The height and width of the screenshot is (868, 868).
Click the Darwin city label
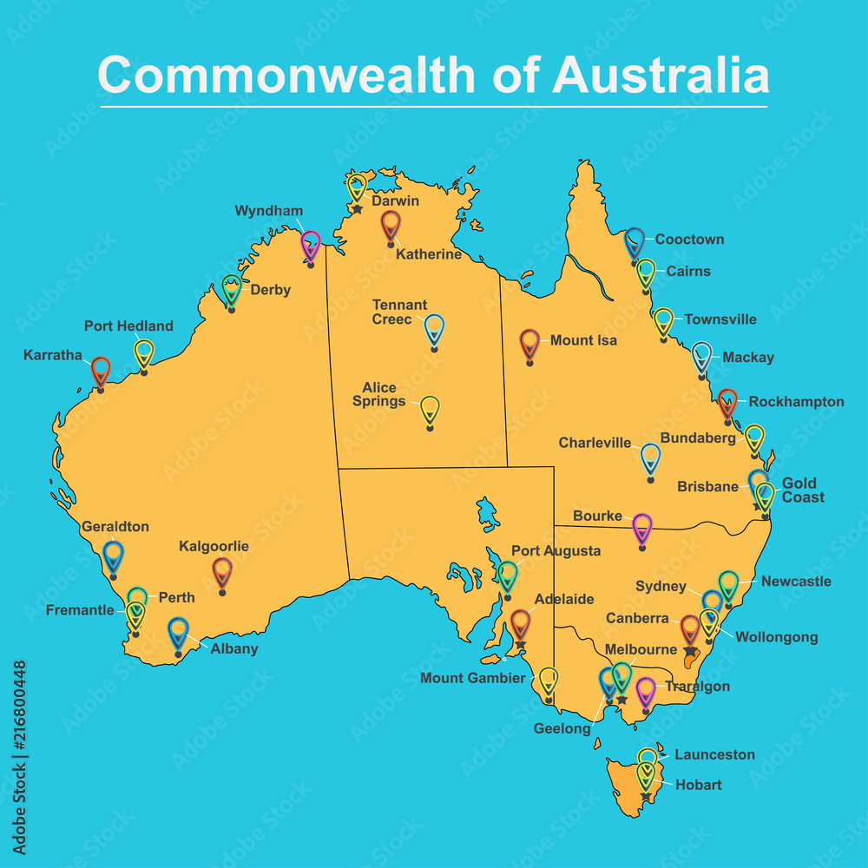[x=395, y=201]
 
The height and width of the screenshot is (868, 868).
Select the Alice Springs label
[x=379, y=395]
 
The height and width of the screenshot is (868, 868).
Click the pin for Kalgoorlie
[x=222, y=571]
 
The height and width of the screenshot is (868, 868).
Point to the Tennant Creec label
[x=399, y=312]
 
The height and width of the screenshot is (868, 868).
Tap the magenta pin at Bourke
[x=641, y=528]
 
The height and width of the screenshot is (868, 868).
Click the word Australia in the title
[x=660, y=76]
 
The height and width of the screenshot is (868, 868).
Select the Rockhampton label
[x=796, y=402]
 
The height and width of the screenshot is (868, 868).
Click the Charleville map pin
[x=650, y=457]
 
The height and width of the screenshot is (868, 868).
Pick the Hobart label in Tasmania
[x=698, y=785]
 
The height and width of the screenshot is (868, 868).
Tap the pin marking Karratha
[x=101, y=371]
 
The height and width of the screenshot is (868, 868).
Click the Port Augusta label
[x=556, y=551]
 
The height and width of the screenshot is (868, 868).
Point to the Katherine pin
[x=391, y=226]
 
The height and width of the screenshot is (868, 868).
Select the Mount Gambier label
[x=473, y=678]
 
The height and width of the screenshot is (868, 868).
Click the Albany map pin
[x=178, y=632]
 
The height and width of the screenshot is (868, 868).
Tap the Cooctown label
[x=689, y=240]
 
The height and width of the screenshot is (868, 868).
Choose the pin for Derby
[x=231, y=290]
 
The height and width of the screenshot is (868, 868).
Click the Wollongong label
[x=776, y=637]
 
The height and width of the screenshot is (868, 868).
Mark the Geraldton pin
[x=113, y=556]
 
